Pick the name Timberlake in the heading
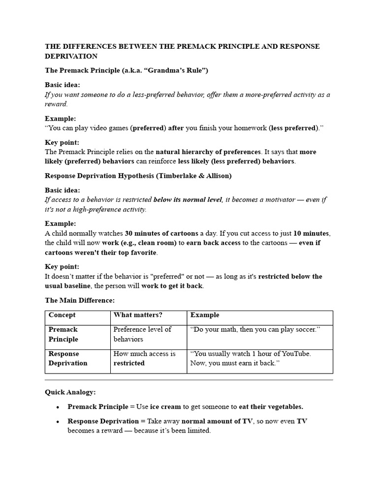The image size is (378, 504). (180, 176)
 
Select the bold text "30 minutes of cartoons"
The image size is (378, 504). (161, 233)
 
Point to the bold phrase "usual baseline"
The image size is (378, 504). (68, 285)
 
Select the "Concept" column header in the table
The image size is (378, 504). (62, 315)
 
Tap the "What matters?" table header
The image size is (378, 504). (138, 315)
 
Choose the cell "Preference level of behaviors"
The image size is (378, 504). (142, 334)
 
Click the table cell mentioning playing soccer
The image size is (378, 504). (255, 329)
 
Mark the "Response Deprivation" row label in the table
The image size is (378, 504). (68, 358)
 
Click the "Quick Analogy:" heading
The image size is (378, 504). (70, 392)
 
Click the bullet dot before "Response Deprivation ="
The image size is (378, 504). (58, 421)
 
